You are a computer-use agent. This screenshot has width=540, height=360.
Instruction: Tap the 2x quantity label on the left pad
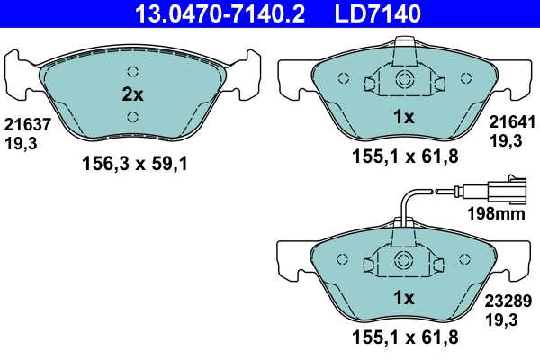(132, 94)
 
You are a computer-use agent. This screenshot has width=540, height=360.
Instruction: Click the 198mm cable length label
(498, 213)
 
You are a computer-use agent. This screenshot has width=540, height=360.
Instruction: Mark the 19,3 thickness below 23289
(503, 319)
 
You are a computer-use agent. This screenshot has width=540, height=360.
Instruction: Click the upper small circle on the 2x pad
(132, 73)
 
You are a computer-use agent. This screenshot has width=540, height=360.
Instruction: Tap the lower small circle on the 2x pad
(132, 115)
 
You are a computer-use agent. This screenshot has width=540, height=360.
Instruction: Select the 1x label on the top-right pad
(403, 117)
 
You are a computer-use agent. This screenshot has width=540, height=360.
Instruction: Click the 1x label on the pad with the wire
(403, 297)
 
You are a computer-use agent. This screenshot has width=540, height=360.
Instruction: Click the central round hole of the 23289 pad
(403, 261)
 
